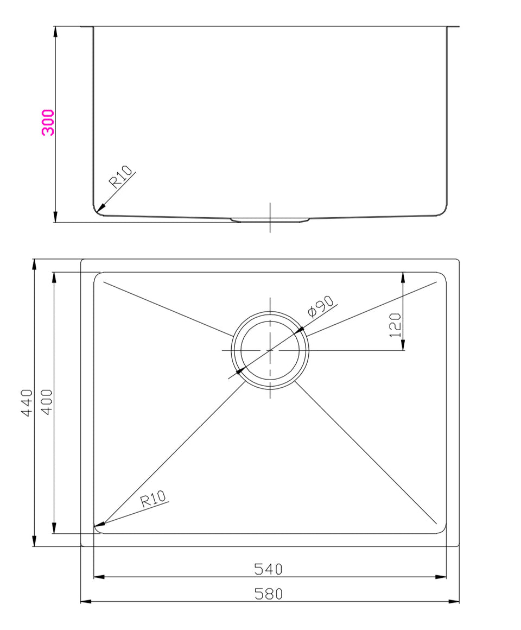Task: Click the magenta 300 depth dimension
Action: click(x=48, y=122)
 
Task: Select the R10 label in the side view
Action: click(x=120, y=177)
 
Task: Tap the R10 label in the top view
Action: click(x=153, y=499)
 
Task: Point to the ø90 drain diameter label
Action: click(x=320, y=306)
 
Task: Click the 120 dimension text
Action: click(x=396, y=325)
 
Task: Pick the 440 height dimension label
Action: click(x=27, y=402)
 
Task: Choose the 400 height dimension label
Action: click(x=47, y=402)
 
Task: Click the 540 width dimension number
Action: click(x=269, y=569)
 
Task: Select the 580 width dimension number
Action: click(x=269, y=594)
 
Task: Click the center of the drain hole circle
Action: click(x=270, y=350)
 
